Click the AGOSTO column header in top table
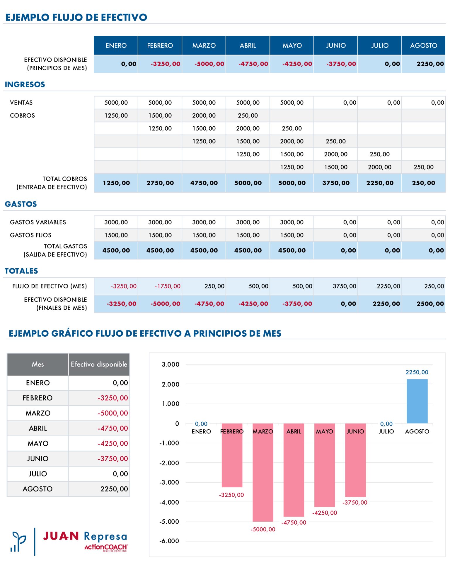pyautogui.click(x=423, y=45)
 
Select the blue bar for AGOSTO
pyautogui.click(x=417, y=401)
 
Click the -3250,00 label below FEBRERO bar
pyautogui.click(x=231, y=495)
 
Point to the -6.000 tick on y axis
pyautogui.click(x=169, y=541)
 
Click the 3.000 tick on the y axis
pyautogui.click(x=171, y=364)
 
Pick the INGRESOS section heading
pyautogui.click(x=25, y=84)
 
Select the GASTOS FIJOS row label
pyautogui.click(x=30, y=235)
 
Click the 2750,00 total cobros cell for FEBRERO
pyautogui.click(x=160, y=183)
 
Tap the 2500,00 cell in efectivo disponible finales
pyautogui.click(x=430, y=304)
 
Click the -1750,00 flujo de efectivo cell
pyautogui.click(x=167, y=286)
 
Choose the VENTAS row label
pyautogui.click(x=21, y=103)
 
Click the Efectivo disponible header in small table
pyautogui.click(x=99, y=364)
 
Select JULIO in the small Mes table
pyautogui.click(x=37, y=474)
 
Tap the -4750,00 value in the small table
pyautogui.click(x=113, y=428)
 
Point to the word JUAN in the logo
pyautogui.click(x=61, y=536)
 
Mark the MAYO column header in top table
pyautogui.click(x=292, y=45)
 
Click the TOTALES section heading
pyautogui.click(x=21, y=271)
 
